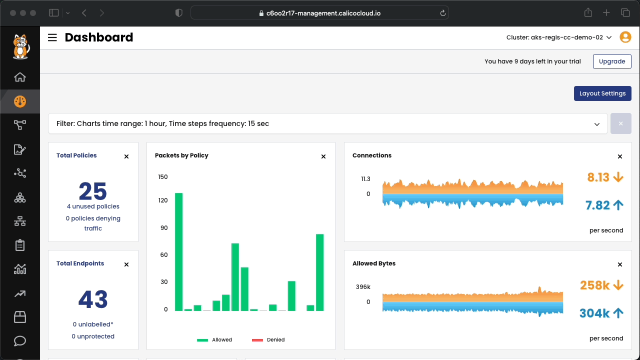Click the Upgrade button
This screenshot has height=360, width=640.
click(612, 61)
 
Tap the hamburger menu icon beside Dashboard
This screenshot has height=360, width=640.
click(52, 37)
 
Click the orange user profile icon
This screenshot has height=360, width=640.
click(625, 37)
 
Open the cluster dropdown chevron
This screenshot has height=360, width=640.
click(609, 37)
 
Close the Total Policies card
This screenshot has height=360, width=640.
click(126, 156)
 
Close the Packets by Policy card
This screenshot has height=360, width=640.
click(323, 156)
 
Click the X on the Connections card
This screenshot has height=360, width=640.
click(620, 156)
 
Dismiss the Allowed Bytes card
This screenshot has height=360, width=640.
click(620, 264)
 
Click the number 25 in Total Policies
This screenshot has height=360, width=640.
click(93, 191)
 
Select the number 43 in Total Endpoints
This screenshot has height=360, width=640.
click(93, 299)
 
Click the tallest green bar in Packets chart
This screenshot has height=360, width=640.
click(179, 252)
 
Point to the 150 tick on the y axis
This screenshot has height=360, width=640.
click(163, 177)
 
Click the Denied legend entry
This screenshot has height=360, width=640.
click(268, 339)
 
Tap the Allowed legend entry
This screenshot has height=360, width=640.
click(214, 339)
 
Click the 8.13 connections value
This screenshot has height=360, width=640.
click(598, 177)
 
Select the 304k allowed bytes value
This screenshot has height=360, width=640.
click(594, 313)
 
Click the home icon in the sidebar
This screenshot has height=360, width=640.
click(20, 77)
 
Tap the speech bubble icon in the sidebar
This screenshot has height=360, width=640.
click(20, 341)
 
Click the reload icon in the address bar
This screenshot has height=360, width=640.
click(443, 13)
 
